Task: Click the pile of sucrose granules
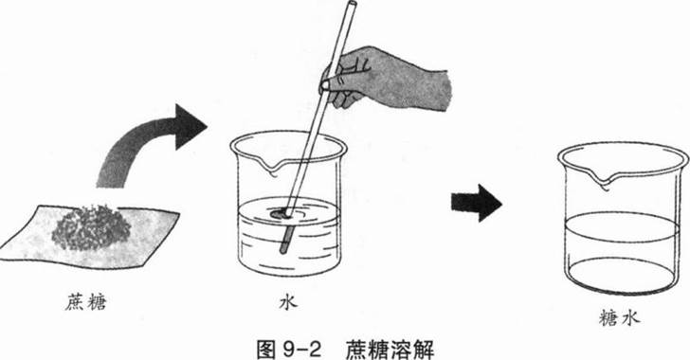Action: pos(91,227)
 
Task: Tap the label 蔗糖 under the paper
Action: pos(86,303)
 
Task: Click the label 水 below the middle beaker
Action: pos(288,302)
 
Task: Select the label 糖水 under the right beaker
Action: pos(619,317)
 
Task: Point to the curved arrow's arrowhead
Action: pos(191,127)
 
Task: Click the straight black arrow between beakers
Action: pos(477,203)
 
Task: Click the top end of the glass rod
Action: pos(352,4)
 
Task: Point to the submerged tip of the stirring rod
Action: pos(282,251)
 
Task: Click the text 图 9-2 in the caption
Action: pos(289,349)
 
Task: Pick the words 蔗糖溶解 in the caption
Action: pos(390,349)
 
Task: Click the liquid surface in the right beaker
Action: pos(621,226)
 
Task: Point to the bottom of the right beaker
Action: pos(621,277)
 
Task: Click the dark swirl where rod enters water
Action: pos(280,214)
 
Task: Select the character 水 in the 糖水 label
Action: pos(629,317)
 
